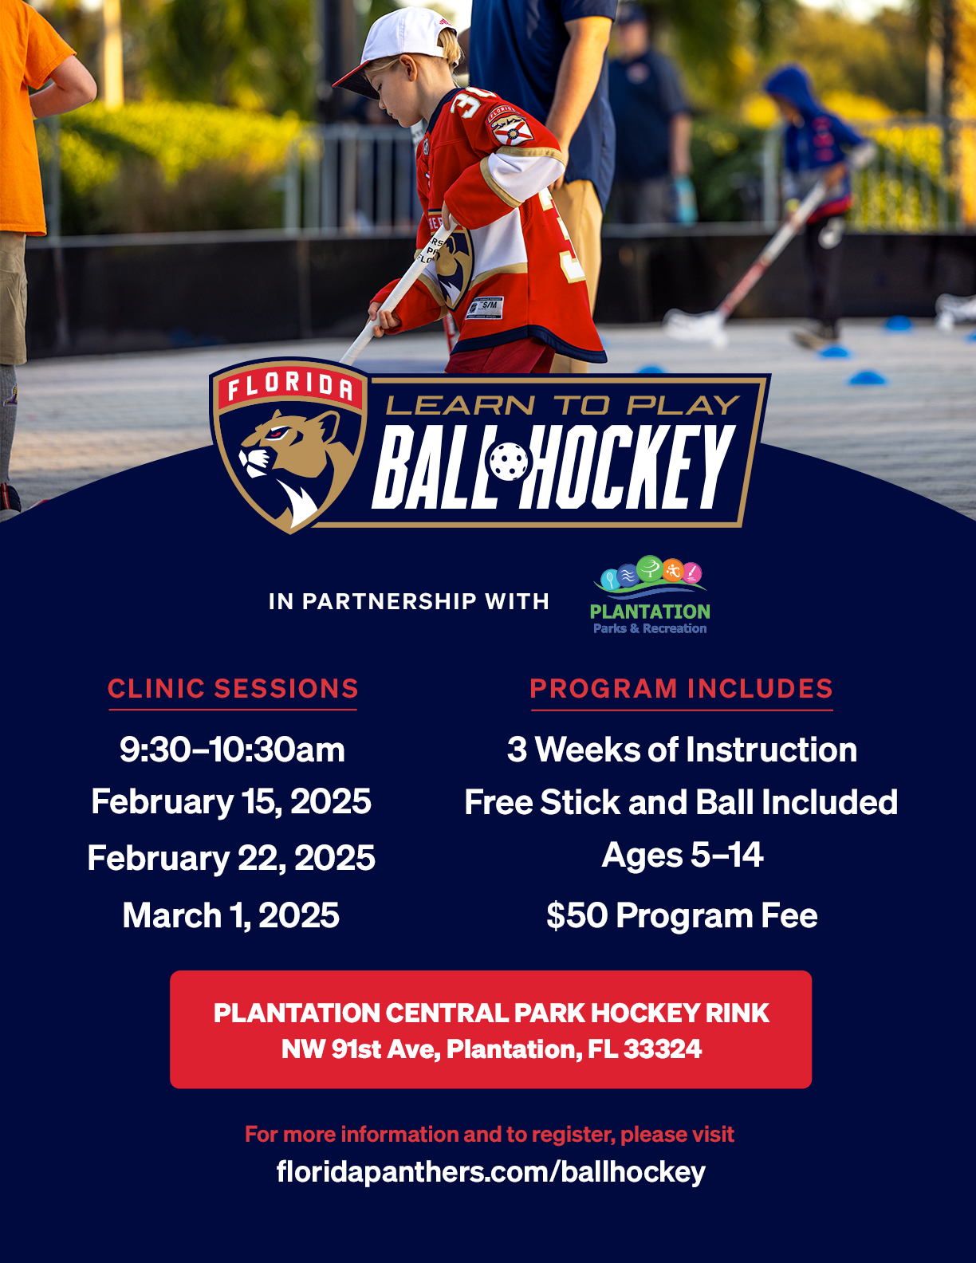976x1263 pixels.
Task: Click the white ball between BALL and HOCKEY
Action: pyautogui.click(x=509, y=462)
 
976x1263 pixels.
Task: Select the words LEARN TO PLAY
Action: pyautogui.click(x=563, y=405)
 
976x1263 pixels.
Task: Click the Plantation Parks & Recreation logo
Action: pyautogui.click(x=650, y=595)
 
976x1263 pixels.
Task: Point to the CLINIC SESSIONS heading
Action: pyautogui.click(x=233, y=689)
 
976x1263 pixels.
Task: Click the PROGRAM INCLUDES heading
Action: pyautogui.click(x=681, y=689)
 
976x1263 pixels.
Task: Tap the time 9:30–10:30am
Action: pyautogui.click(x=233, y=750)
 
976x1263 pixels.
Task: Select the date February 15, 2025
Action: pyautogui.click(x=231, y=802)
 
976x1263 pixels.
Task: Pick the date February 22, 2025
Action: pyautogui.click(x=231, y=858)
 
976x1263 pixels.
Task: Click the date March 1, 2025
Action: pyautogui.click(x=230, y=915)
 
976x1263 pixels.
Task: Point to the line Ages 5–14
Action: pyautogui.click(x=682, y=856)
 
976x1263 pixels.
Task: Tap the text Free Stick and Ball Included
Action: pyautogui.click(x=681, y=802)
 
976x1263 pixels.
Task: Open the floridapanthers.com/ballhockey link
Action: pyautogui.click(x=491, y=1172)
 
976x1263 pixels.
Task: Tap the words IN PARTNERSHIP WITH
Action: pyautogui.click(x=408, y=601)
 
